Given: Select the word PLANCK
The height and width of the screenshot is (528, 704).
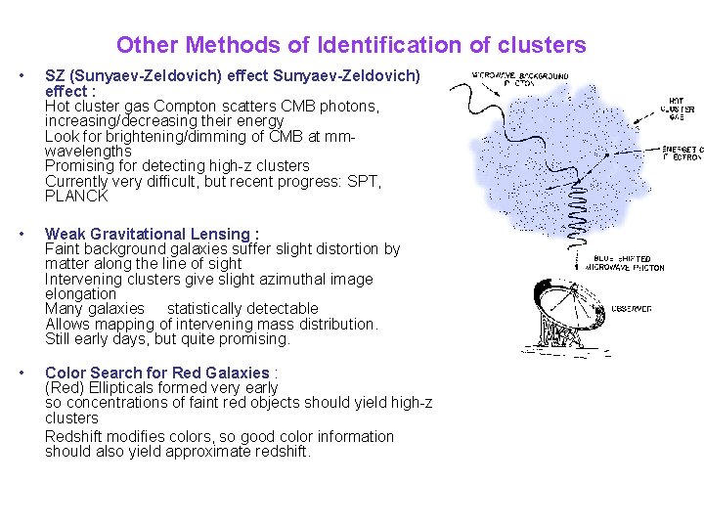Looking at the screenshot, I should [x=76, y=196].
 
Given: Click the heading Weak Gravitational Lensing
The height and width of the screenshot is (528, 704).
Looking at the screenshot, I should [x=152, y=234].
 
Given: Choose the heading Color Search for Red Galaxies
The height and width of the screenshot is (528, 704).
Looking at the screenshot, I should [x=156, y=373].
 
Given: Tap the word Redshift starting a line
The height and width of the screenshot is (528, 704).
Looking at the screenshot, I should [x=77, y=436].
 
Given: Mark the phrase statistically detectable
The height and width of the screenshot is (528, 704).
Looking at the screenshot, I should [x=242, y=308].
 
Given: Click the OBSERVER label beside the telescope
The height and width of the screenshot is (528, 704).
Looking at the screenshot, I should [x=632, y=309].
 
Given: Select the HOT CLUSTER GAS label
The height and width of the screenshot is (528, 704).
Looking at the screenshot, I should [x=676, y=107].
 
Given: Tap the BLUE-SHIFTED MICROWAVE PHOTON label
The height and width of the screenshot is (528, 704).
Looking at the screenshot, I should [x=628, y=263].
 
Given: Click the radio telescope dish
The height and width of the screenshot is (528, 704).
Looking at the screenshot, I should [x=551, y=312].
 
